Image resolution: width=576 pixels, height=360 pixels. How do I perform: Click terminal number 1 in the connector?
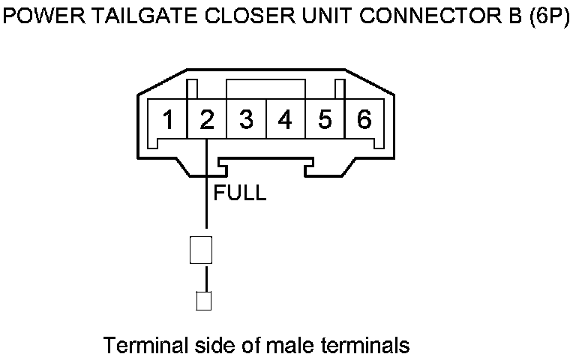(x=169, y=120)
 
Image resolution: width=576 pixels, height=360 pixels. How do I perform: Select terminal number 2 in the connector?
(x=207, y=120)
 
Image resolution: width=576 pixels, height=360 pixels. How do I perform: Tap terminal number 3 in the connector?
(x=246, y=120)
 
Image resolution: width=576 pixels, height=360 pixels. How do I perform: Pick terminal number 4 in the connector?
(x=285, y=120)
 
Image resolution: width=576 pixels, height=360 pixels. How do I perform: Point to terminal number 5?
(x=325, y=120)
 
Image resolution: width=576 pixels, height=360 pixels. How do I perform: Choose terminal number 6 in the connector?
(x=364, y=120)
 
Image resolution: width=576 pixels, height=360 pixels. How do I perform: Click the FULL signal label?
(x=240, y=193)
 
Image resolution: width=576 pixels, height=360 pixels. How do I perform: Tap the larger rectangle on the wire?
(x=200, y=250)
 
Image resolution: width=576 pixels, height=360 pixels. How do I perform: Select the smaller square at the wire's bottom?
(x=202, y=301)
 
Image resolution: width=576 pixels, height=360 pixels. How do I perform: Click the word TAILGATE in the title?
(x=133, y=17)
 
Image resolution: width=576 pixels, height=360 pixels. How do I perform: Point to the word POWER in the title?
(x=40, y=17)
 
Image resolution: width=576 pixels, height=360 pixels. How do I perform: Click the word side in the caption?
(x=208, y=346)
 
